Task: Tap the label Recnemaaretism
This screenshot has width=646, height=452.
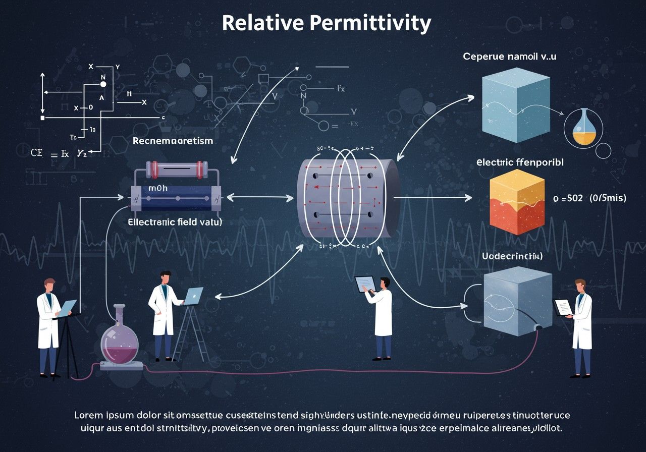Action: pos(173,141)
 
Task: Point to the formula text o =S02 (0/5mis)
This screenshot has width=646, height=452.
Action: pos(589,198)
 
